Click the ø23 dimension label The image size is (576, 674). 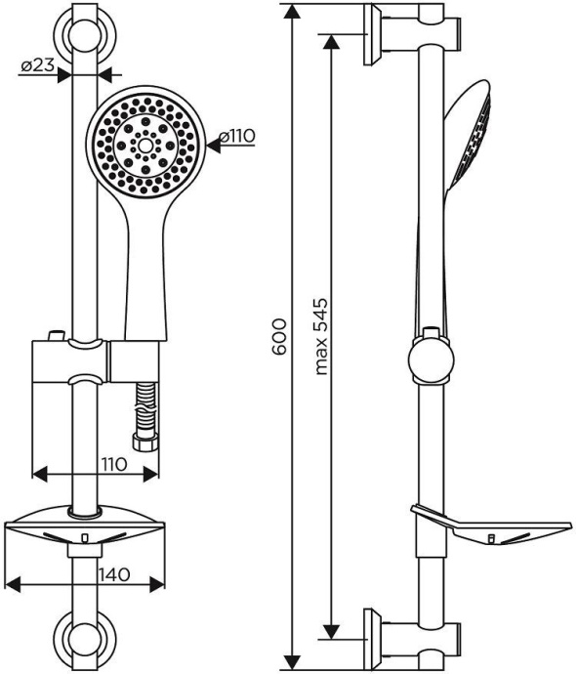click(x=37, y=65)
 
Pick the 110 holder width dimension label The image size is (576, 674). click(x=113, y=464)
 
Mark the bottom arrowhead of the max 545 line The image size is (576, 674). click(x=334, y=632)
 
